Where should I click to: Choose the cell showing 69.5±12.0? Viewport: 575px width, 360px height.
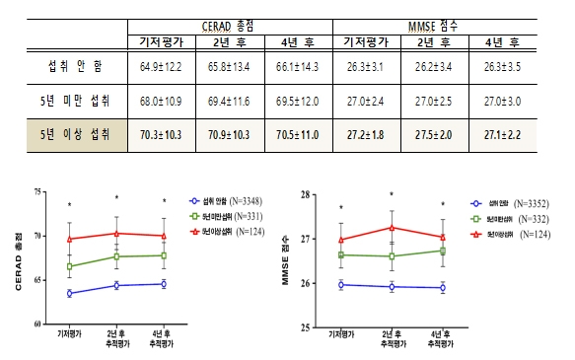[299, 102]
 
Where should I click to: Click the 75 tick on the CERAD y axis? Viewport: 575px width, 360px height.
[38, 193]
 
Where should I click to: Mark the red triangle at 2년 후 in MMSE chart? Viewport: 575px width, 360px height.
[392, 227]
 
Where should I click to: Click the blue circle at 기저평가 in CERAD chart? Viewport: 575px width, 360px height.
[69, 293]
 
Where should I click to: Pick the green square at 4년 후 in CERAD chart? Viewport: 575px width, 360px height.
[163, 255]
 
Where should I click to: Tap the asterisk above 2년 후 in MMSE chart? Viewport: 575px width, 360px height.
[392, 195]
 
